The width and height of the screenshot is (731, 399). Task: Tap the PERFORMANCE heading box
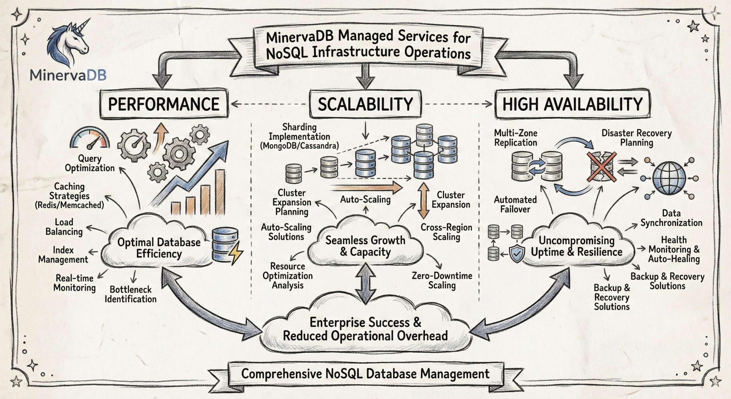click(x=164, y=104)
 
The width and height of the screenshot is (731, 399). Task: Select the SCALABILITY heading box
click(x=365, y=104)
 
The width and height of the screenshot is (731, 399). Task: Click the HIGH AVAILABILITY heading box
click(x=572, y=104)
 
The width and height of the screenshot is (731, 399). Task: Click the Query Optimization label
click(x=89, y=163)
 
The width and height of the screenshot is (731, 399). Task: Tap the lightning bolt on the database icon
click(x=236, y=253)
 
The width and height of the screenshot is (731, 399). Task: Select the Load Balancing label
click(x=64, y=227)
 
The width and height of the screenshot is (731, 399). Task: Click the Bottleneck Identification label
click(x=130, y=294)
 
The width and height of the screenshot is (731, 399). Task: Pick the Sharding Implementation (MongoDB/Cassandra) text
click(x=299, y=136)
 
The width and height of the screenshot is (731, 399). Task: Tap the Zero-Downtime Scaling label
click(x=442, y=280)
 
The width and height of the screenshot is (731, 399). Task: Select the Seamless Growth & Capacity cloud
click(x=365, y=246)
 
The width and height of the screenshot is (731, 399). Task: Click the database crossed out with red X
click(x=601, y=167)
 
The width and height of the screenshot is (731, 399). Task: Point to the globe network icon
click(x=669, y=178)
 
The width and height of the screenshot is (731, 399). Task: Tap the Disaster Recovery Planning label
click(x=636, y=138)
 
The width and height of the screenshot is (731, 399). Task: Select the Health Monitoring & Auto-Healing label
click(x=674, y=250)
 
